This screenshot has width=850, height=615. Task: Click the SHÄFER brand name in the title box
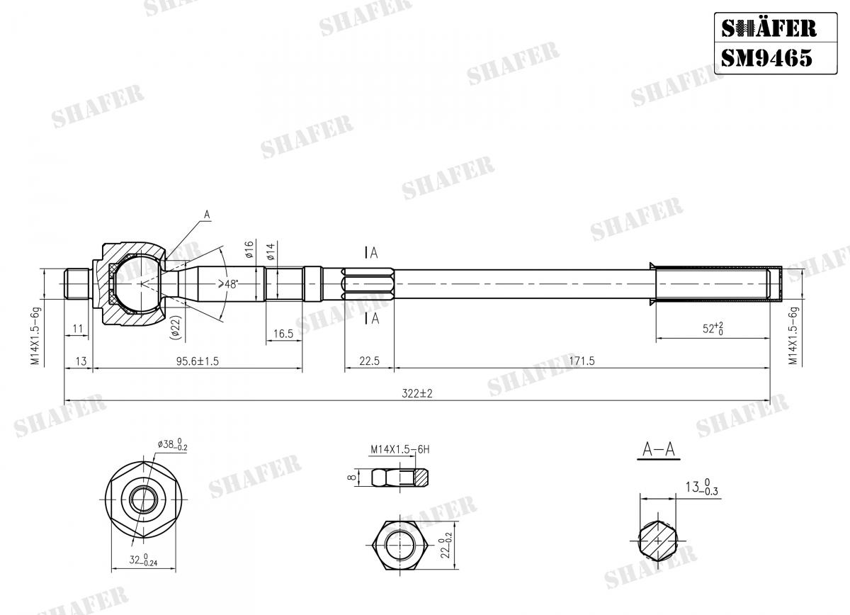(768, 28)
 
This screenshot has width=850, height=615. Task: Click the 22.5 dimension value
(369, 361)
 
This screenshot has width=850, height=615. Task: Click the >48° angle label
(227, 283)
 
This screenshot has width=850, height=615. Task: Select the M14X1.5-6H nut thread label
(399, 449)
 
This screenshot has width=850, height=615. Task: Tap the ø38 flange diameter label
(172, 445)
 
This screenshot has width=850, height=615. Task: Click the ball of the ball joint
(139, 283)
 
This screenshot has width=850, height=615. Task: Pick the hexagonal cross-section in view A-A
(658, 541)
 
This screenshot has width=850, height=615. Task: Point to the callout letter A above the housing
(207, 213)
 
